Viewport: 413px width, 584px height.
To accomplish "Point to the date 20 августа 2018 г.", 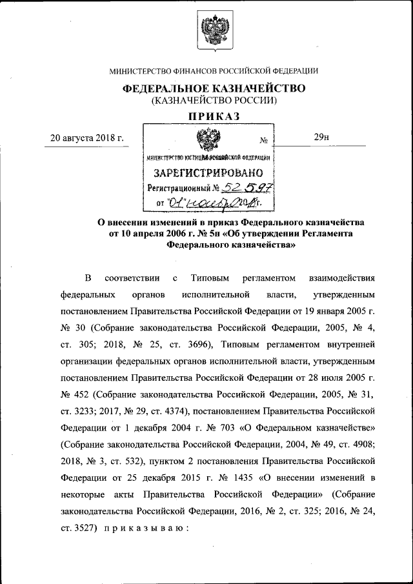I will point(87,137).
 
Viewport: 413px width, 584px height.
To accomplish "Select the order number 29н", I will point(321,137).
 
